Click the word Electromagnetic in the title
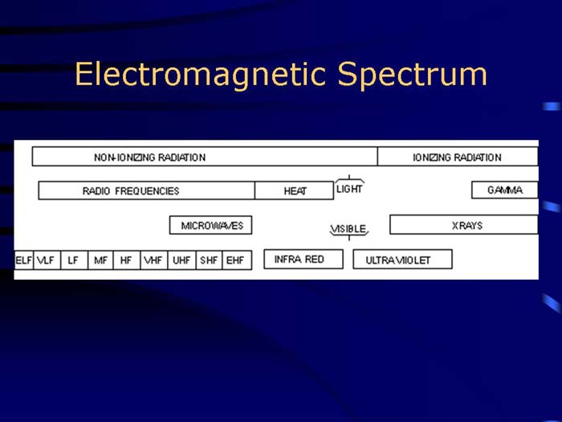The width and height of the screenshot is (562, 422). click(x=201, y=75)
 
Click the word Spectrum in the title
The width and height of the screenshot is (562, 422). click(x=412, y=75)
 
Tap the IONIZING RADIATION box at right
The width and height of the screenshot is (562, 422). click(x=457, y=157)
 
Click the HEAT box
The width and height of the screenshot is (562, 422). click(x=294, y=191)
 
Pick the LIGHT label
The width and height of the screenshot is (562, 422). click(x=349, y=189)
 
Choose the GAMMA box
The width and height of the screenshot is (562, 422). click(x=504, y=191)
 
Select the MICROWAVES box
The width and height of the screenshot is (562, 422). click(x=211, y=225)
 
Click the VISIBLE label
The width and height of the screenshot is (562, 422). click(x=348, y=229)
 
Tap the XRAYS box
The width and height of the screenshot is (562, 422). click(x=463, y=225)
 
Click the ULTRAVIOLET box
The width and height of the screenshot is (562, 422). click(x=402, y=260)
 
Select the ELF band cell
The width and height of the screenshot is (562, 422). click(x=24, y=260)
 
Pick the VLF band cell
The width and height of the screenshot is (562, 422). click(x=46, y=260)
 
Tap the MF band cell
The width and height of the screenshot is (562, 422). click(x=100, y=260)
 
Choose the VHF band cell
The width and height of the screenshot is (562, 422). click(x=153, y=260)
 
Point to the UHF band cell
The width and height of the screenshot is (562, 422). click(x=181, y=260)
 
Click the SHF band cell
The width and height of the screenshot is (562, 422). click(x=209, y=260)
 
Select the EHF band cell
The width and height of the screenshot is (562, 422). click(x=236, y=260)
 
